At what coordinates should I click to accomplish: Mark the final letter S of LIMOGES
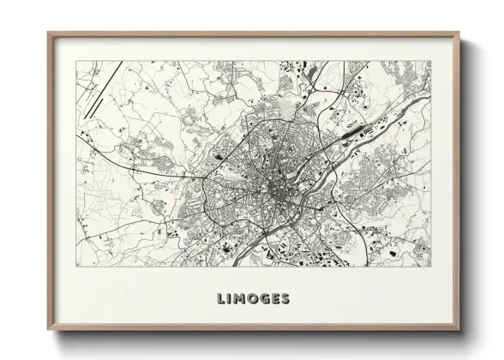tap(286, 299)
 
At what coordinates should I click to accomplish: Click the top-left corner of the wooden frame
tap(49, 33)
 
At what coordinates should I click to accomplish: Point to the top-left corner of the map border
tap(76, 61)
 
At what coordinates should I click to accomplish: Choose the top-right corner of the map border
tap(431, 61)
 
